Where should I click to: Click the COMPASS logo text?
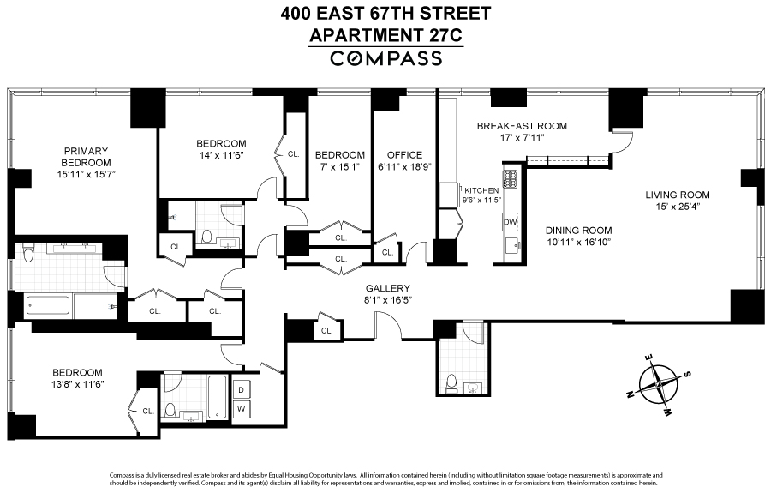(385, 58)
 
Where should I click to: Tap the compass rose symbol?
(660, 382)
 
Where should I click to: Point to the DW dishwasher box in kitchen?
(511, 222)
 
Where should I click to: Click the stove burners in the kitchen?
(511, 180)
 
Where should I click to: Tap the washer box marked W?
(242, 408)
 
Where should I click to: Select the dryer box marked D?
(242, 389)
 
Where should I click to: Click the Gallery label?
(388, 289)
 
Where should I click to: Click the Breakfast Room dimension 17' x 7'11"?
(523, 138)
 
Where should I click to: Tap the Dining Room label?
(579, 230)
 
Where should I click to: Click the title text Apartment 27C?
(385, 36)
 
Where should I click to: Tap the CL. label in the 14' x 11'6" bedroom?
(293, 154)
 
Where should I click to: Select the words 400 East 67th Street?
(385, 15)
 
